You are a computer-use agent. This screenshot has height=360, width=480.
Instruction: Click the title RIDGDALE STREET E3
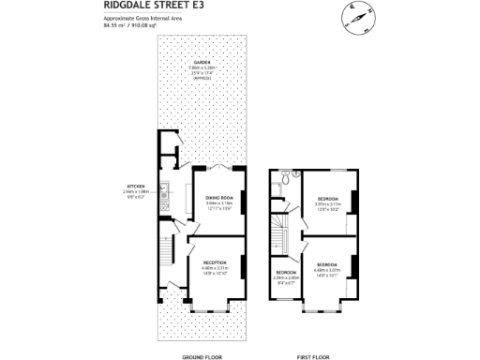140,6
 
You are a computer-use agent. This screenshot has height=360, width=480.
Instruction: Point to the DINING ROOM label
218,197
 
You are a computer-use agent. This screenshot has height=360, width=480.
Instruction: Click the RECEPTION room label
215,262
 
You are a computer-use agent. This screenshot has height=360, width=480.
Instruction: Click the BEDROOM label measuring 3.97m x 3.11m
328,199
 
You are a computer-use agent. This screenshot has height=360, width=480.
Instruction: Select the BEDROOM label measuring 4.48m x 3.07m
328,265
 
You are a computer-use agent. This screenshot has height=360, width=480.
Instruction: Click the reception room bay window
211,307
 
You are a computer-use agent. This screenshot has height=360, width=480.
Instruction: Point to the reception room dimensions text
215,270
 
